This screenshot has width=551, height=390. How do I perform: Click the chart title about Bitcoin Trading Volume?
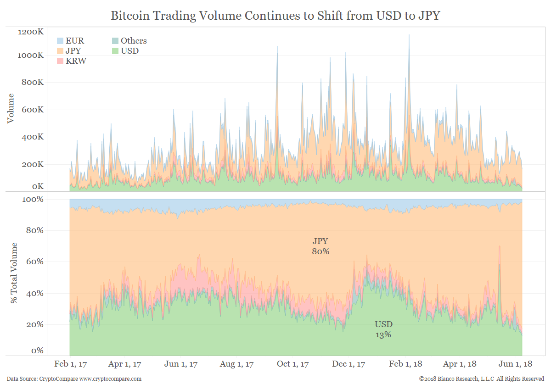[275, 16]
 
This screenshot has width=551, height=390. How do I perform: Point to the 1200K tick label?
[31, 32]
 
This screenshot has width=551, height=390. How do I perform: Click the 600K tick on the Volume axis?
[33, 110]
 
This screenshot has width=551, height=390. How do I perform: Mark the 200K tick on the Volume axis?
[33, 164]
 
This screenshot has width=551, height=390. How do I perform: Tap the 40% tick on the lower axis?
[35, 293]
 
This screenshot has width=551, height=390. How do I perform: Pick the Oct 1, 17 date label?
[293, 364]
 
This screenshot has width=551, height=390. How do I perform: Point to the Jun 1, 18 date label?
[516, 364]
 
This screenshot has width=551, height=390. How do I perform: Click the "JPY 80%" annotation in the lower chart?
[320, 246]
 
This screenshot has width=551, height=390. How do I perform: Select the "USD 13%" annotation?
[383, 329]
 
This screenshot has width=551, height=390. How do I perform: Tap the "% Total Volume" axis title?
[14, 273]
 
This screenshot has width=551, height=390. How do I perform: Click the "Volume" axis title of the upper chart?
[11, 108]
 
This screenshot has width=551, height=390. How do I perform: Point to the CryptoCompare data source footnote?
[74, 379]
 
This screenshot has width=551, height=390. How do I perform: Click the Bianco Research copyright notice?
[481, 379]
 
